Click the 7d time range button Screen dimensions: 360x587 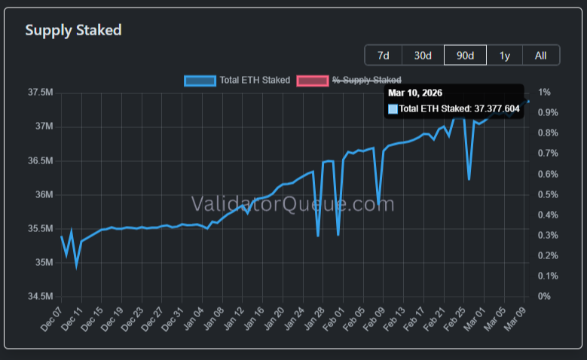383,55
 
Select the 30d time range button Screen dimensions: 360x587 423,55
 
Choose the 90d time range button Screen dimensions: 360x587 465,55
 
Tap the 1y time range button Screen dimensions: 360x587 504,55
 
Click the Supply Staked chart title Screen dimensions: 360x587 73,30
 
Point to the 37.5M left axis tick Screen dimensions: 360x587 40,93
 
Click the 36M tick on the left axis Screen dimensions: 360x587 43,194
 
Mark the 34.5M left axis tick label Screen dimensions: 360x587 40,296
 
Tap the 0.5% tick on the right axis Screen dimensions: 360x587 548,194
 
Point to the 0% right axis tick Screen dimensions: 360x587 544,296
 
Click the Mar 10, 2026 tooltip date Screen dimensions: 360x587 415,93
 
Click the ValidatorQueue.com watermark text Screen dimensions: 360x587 292,203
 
